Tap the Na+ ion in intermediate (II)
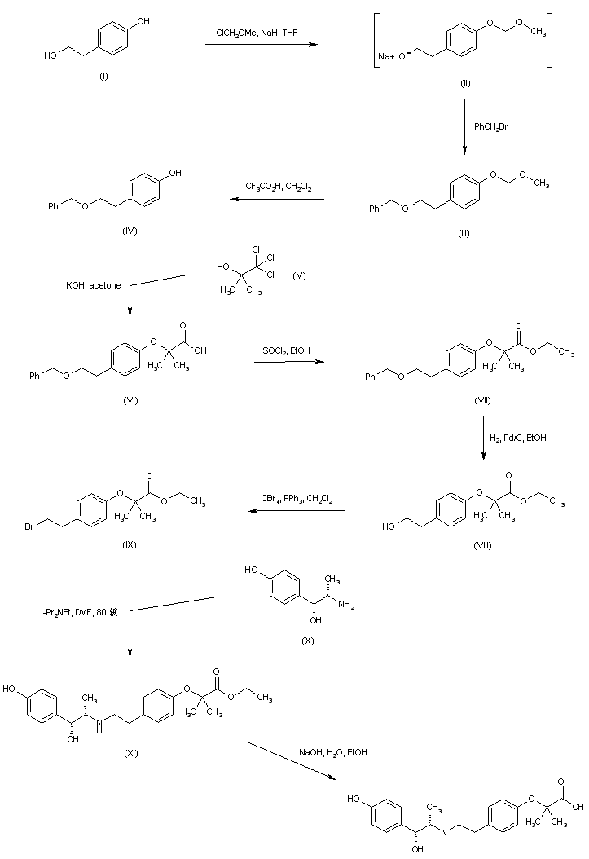387,57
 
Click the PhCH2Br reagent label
491,126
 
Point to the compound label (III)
464,233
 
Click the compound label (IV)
129,231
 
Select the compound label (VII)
482,401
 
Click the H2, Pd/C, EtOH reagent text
518,438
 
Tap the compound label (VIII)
482,544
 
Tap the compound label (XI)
130,752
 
